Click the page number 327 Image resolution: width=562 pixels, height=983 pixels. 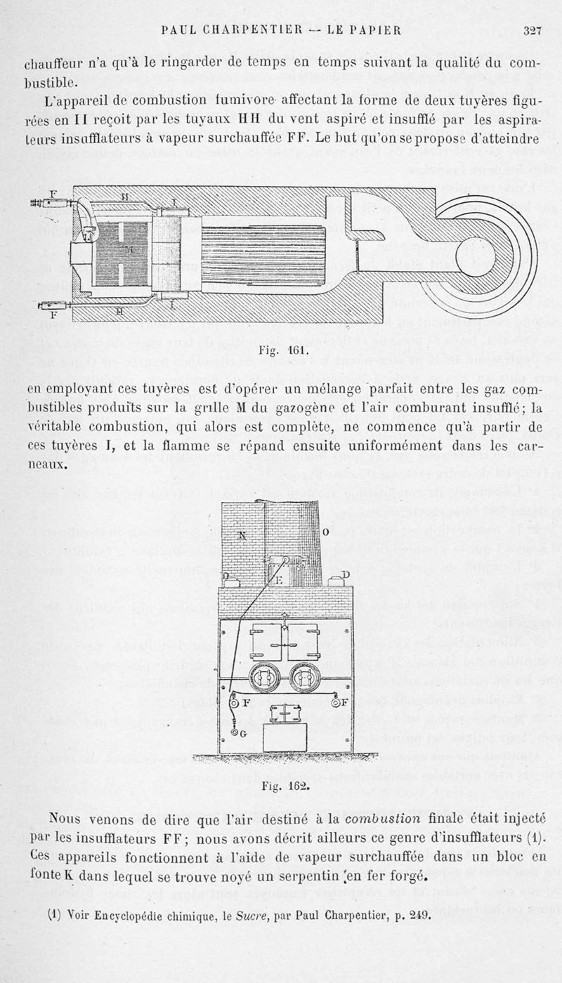[x=532, y=29]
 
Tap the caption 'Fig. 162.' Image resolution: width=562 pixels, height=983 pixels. [x=285, y=786]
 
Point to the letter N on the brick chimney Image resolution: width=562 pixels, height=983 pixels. [x=242, y=534]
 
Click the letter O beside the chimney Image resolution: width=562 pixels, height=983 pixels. [x=326, y=532]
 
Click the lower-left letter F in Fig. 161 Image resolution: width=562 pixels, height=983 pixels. [x=53, y=316]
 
